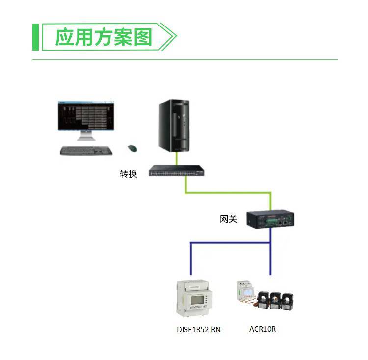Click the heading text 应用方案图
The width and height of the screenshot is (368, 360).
click(x=103, y=37)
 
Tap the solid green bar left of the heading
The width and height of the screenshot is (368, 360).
click(x=35, y=37)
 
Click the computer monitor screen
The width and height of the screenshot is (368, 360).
click(x=86, y=116)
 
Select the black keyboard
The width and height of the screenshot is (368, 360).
click(x=86, y=151)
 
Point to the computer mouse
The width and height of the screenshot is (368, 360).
click(x=132, y=148)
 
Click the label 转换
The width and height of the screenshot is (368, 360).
click(x=128, y=174)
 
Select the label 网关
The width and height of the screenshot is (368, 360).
click(x=228, y=219)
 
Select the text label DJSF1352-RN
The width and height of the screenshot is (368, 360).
click(x=199, y=330)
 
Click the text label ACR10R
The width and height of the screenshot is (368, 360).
click(x=263, y=329)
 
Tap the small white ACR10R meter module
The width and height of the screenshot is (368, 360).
click(x=245, y=293)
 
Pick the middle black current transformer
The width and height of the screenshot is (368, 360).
click(x=275, y=300)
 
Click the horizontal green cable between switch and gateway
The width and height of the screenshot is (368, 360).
click(x=228, y=192)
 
